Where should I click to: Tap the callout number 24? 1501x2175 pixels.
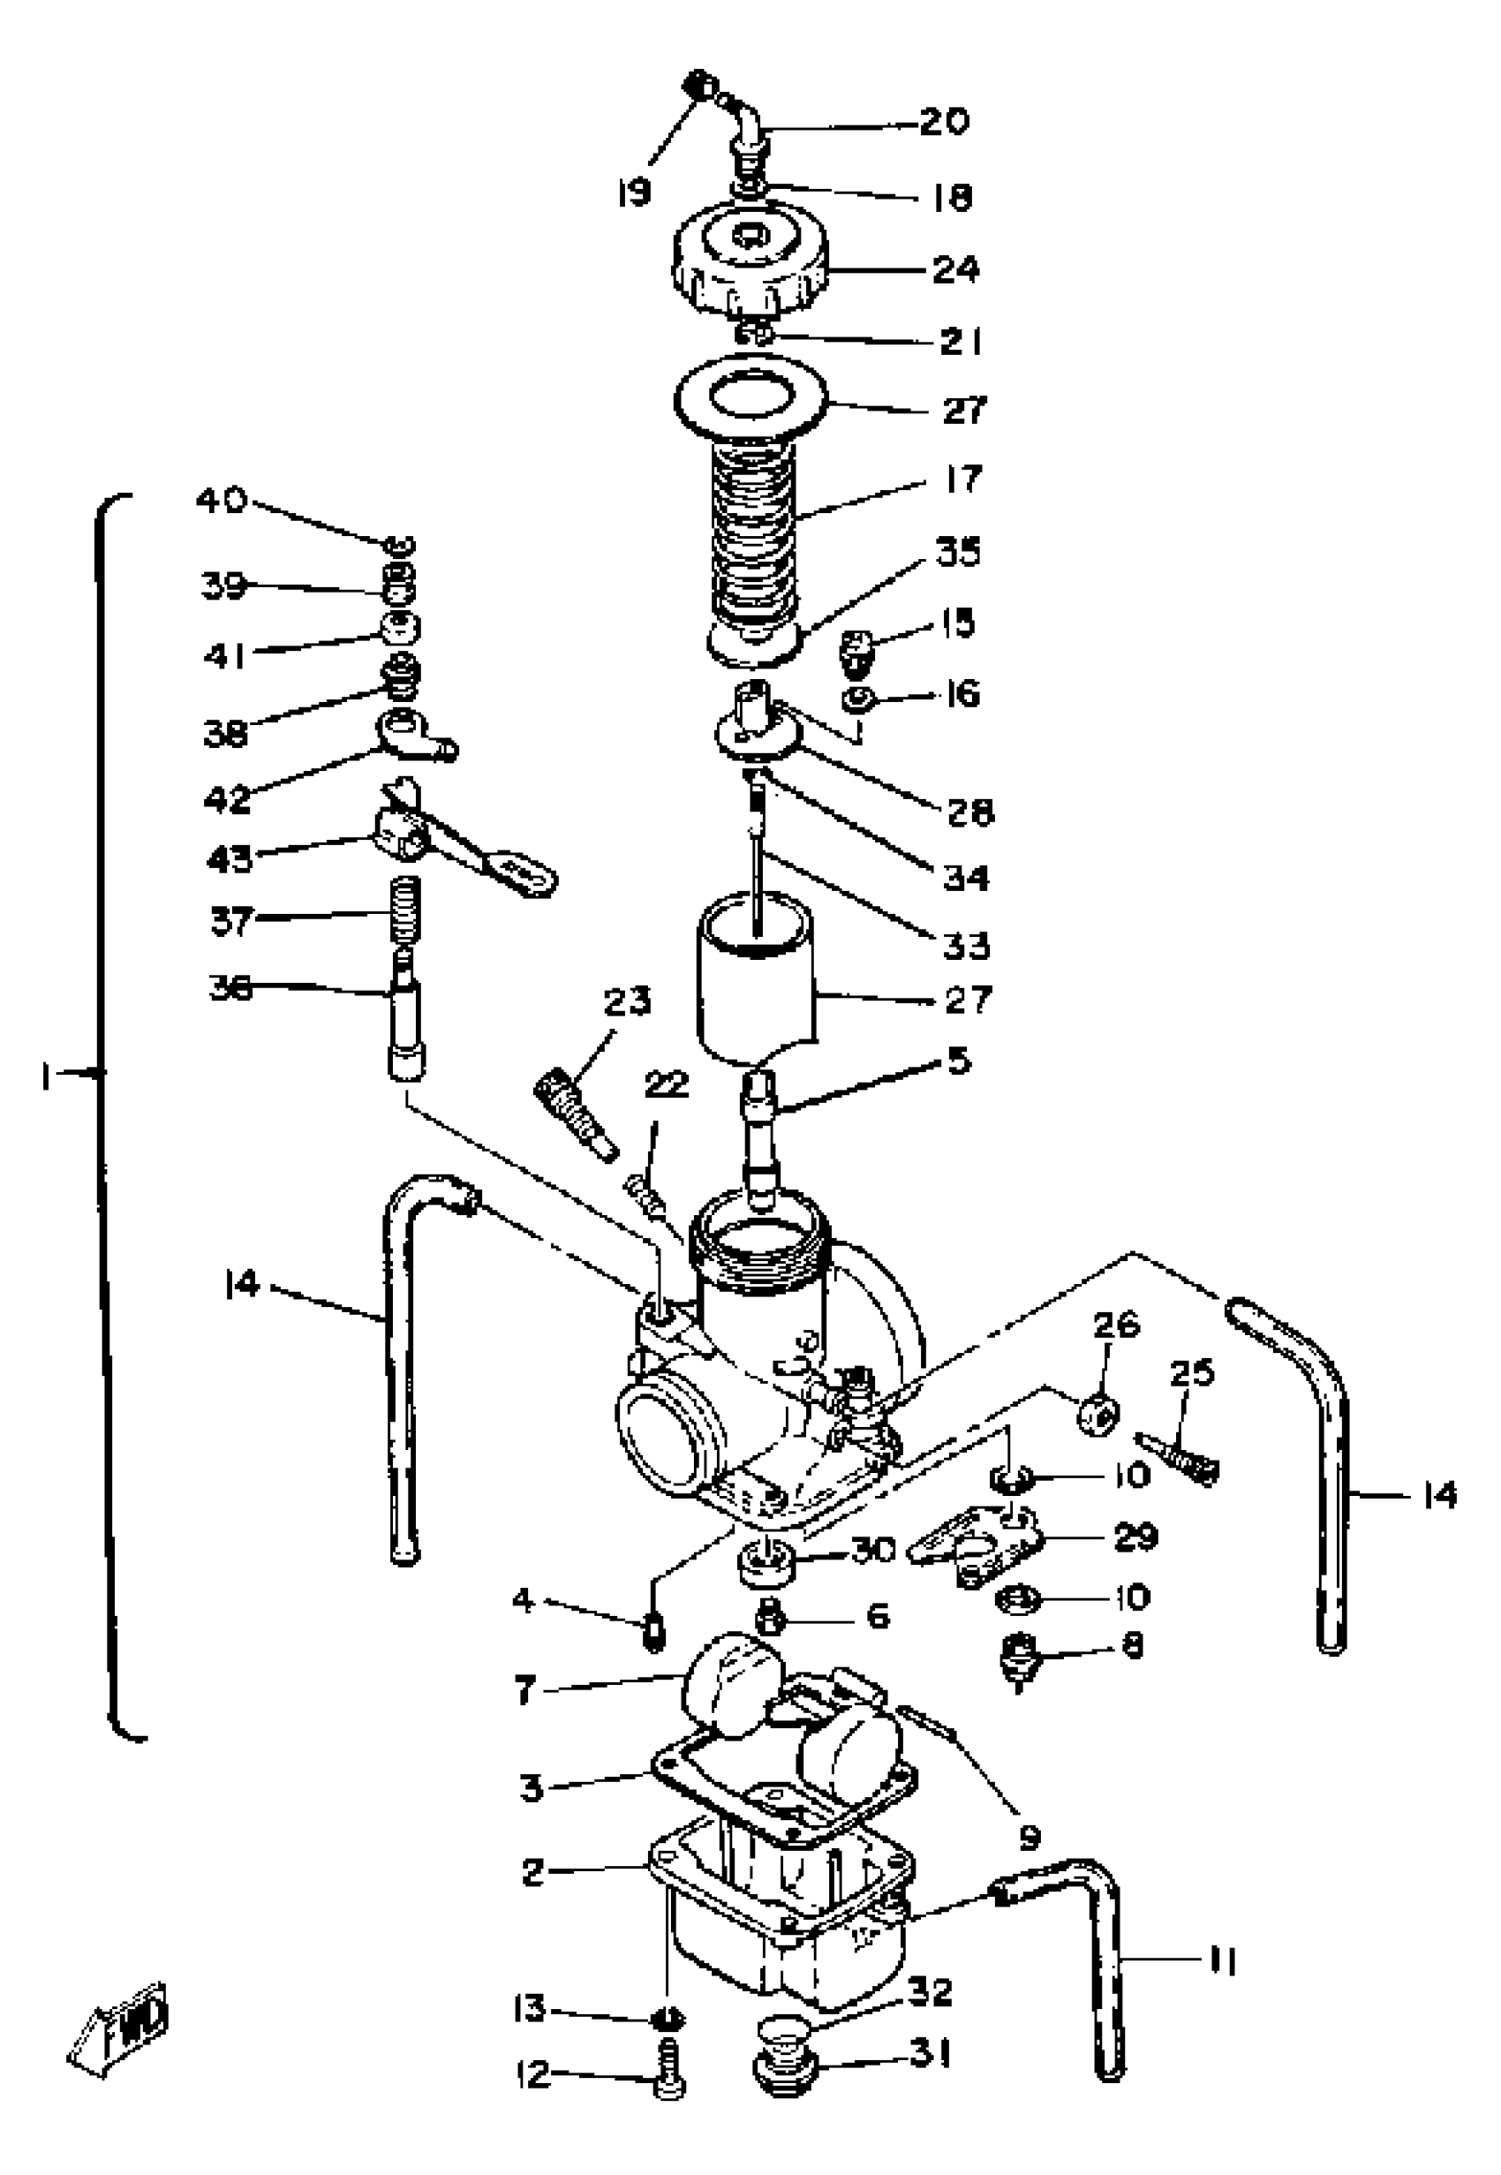click(955, 270)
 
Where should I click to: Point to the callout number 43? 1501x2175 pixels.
click(230, 857)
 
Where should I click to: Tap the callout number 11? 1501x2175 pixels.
click(1222, 1962)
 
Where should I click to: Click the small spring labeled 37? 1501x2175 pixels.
click(406, 908)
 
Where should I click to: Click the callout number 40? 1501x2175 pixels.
click(221, 499)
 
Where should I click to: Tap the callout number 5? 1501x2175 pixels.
click(957, 1061)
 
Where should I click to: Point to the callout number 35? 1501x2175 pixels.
click(957, 552)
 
